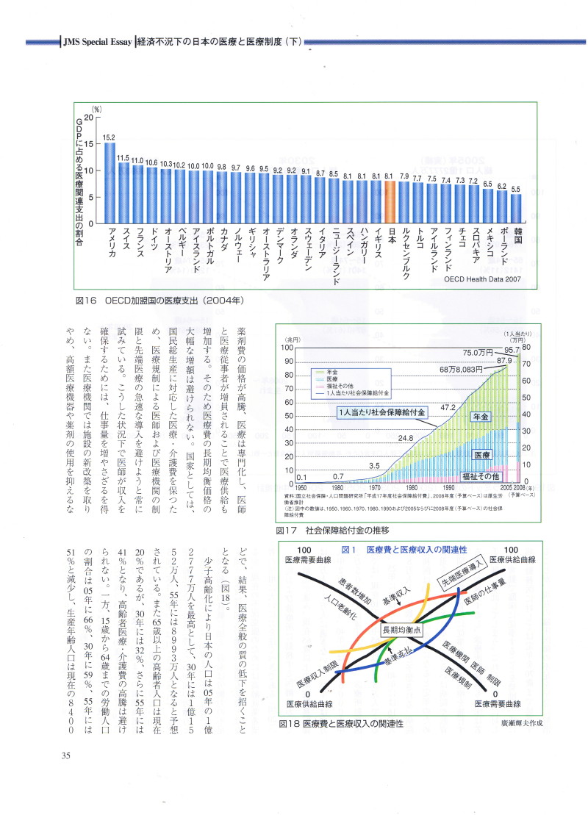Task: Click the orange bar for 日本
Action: pos(390,202)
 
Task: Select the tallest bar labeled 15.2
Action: pos(110,183)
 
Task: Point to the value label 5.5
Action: pos(517,189)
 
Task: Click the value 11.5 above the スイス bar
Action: pos(123,157)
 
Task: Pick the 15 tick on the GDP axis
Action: pos(89,144)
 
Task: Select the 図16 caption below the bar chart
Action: pos(159,301)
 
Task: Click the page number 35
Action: pos(65,755)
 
